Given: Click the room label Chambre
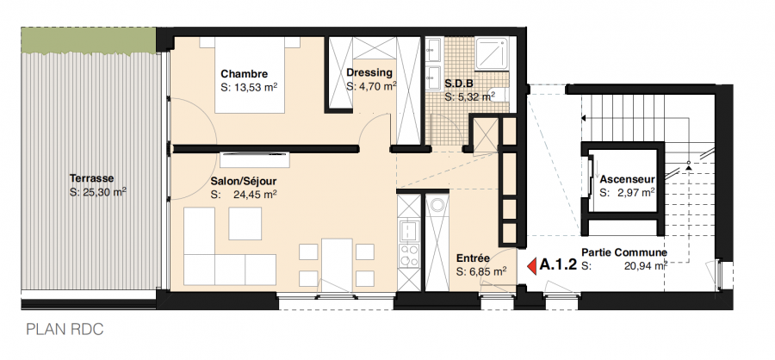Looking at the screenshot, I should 244,73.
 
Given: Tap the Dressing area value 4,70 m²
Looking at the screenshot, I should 371,87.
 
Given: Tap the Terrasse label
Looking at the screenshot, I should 92,179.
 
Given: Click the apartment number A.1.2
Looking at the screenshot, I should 558,266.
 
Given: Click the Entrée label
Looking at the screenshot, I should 473,258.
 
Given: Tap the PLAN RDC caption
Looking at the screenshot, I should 65,329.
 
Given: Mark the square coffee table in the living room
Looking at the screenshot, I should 245,224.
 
